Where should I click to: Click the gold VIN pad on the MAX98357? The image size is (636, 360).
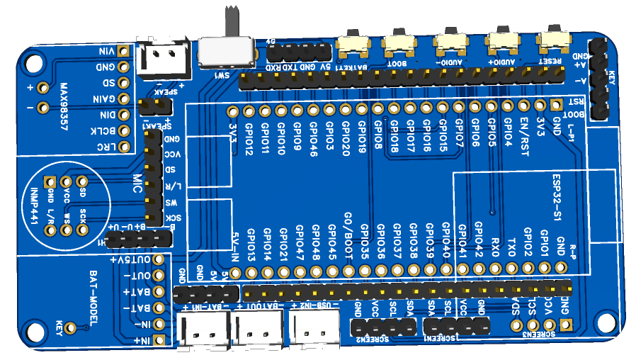[x=123, y=51]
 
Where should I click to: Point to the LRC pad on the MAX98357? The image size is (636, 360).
[x=123, y=147]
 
